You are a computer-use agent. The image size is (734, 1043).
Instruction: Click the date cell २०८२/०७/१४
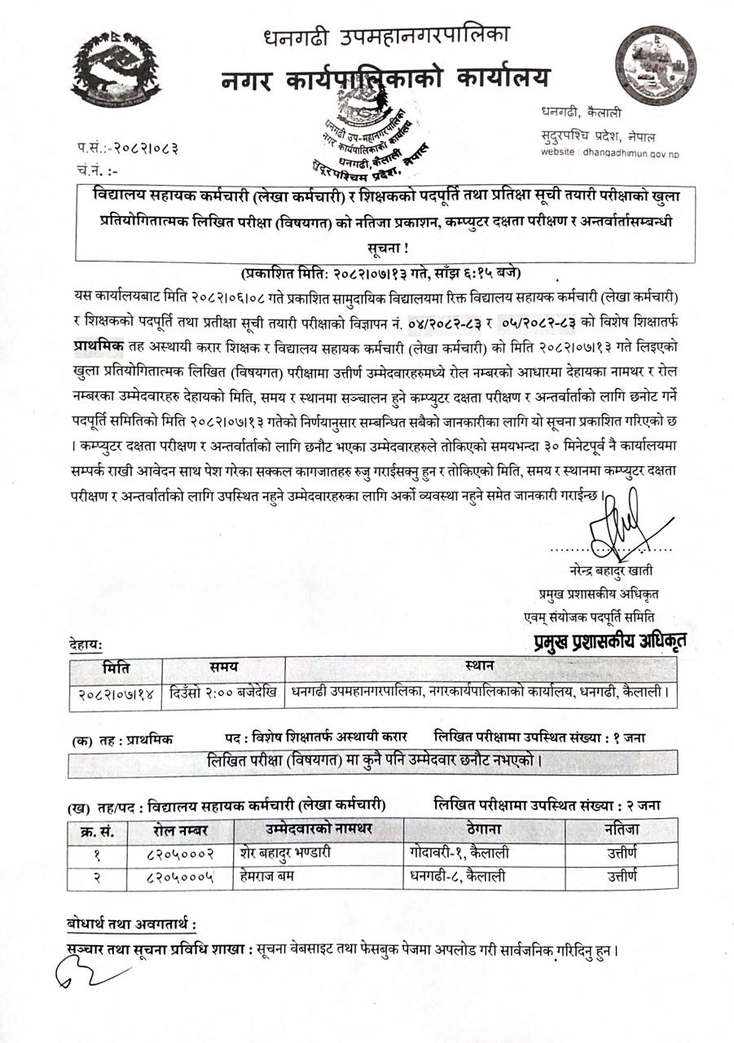116,693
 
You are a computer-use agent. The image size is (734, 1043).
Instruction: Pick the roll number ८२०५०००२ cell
180,854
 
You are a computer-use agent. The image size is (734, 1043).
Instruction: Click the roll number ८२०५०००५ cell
180,877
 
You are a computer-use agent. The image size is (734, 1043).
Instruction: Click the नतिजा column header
622,830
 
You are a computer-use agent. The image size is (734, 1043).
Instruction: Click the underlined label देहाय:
86,645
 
